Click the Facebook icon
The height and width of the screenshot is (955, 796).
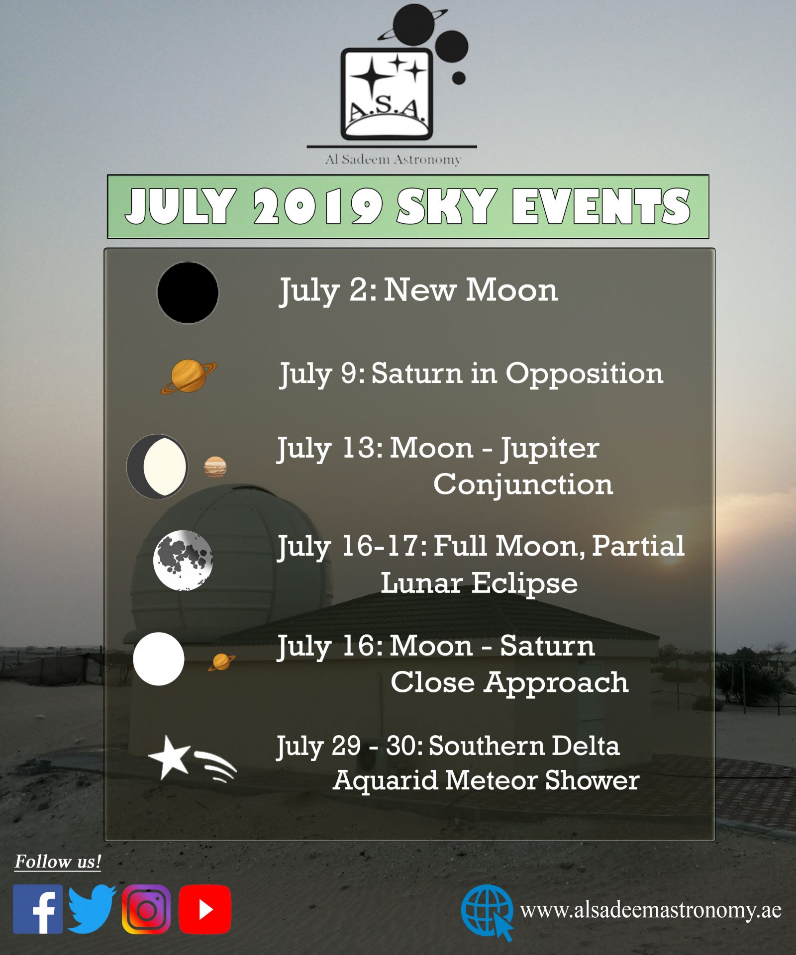[38, 909]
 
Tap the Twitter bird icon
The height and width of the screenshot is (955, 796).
[92, 909]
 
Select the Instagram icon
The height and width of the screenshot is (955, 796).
[146, 909]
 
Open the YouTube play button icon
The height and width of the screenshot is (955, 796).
[205, 909]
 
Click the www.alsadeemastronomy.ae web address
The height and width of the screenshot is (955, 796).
[651, 910]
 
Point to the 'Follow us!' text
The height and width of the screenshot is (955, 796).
[58, 861]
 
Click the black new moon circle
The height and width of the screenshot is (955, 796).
[188, 293]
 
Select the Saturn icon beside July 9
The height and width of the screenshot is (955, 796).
[189, 377]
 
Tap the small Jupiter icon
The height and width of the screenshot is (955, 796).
[215, 467]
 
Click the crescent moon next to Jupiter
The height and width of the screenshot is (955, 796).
[157, 467]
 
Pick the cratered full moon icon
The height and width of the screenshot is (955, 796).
[183, 560]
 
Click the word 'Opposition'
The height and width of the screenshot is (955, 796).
[585, 374]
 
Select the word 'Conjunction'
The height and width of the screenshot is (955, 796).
[523, 484]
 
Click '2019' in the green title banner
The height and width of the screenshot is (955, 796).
[318, 206]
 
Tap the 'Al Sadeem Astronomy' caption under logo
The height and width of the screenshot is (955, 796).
[393, 160]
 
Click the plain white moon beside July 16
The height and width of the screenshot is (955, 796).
[159, 659]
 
